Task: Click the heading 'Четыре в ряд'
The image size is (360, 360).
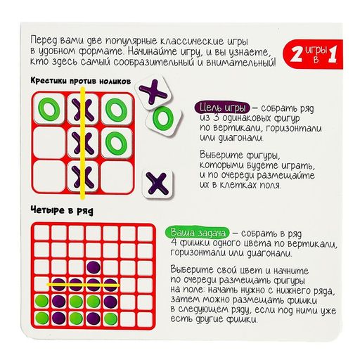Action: click(x=63, y=210)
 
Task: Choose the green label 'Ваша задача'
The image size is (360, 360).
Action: click(x=194, y=233)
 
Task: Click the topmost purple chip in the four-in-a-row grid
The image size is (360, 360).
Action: click(x=93, y=267)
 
